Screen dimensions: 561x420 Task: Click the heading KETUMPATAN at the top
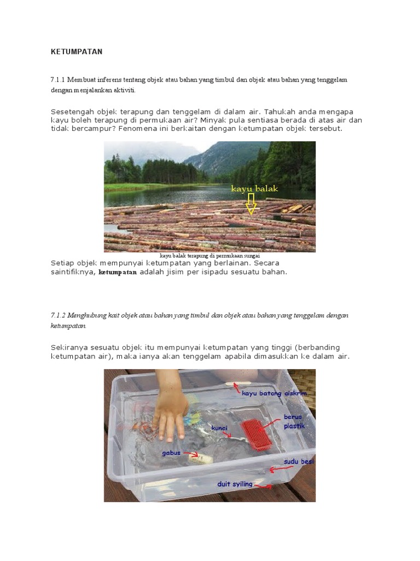(x=77, y=52)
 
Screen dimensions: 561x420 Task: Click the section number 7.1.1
(x=57, y=80)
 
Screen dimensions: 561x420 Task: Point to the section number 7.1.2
(x=57, y=316)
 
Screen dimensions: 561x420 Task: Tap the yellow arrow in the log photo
(x=251, y=205)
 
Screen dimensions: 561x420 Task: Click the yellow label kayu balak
(x=254, y=189)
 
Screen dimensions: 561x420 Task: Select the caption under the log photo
(x=209, y=255)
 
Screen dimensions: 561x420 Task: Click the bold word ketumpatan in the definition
(x=118, y=272)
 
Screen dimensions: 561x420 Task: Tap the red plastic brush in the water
(x=257, y=436)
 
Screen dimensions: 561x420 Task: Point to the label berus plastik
(x=294, y=421)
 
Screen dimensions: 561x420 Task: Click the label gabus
(x=171, y=453)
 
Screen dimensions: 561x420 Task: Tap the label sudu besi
(x=299, y=462)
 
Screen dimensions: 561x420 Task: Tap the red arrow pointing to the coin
(x=265, y=486)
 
